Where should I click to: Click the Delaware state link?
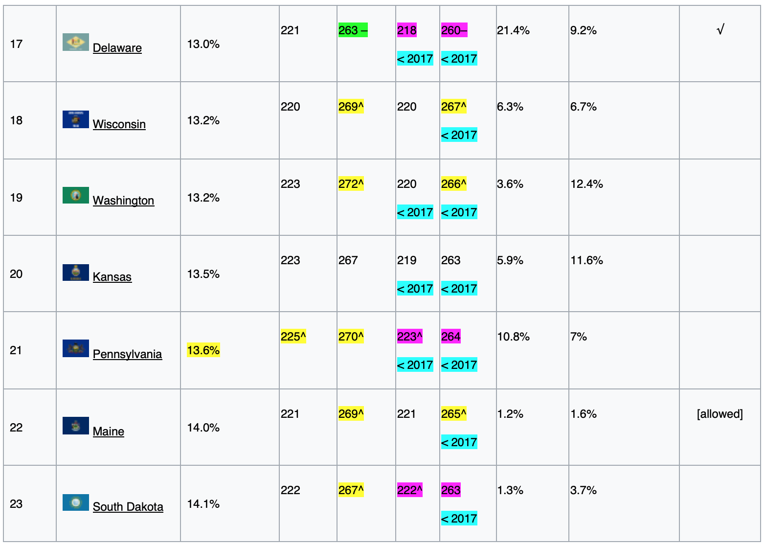(117, 48)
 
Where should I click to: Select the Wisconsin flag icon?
(75, 119)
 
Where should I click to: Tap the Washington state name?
(123, 201)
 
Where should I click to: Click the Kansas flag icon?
(75, 273)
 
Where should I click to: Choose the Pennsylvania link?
(127, 354)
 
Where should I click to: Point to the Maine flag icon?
(75, 426)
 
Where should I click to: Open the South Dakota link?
(128, 507)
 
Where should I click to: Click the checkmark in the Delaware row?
(720, 30)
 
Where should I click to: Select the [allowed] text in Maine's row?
(720, 414)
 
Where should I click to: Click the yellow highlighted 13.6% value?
(203, 350)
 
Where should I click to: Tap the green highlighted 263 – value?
(353, 30)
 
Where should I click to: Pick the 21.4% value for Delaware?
(513, 30)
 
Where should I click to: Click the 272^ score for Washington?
(351, 184)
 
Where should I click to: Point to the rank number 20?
(16, 274)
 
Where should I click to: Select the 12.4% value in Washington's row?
(586, 184)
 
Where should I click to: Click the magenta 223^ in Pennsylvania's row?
(409, 337)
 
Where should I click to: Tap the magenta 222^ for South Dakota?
(409, 490)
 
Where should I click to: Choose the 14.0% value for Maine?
(203, 428)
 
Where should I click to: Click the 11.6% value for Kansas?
(586, 260)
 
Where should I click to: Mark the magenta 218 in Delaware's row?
(406, 30)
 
